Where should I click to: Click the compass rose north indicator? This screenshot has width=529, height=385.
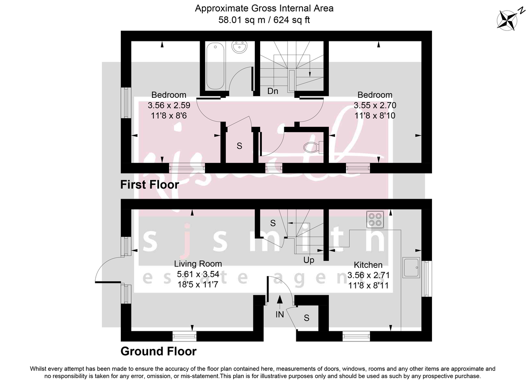(508, 19)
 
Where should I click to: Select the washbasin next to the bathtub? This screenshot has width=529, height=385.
(240, 48)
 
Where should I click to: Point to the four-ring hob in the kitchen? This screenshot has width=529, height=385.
(376, 219)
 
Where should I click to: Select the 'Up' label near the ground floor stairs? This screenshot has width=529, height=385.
(309, 260)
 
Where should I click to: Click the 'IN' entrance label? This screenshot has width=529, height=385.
(279, 315)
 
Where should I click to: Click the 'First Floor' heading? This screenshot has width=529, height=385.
(150, 185)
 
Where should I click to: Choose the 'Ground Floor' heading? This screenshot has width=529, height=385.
(158, 351)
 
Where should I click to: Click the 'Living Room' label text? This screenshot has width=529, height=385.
(198, 264)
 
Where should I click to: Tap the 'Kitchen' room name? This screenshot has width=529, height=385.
(368, 265)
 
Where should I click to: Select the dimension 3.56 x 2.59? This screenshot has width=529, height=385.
(169, 106)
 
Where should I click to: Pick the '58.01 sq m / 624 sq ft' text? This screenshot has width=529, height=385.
(264, 20)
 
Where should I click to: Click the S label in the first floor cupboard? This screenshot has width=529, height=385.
(239, 146)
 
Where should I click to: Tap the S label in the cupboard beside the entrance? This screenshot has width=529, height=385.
(306, 317)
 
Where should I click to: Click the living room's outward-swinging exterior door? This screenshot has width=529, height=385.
(108, 270)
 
